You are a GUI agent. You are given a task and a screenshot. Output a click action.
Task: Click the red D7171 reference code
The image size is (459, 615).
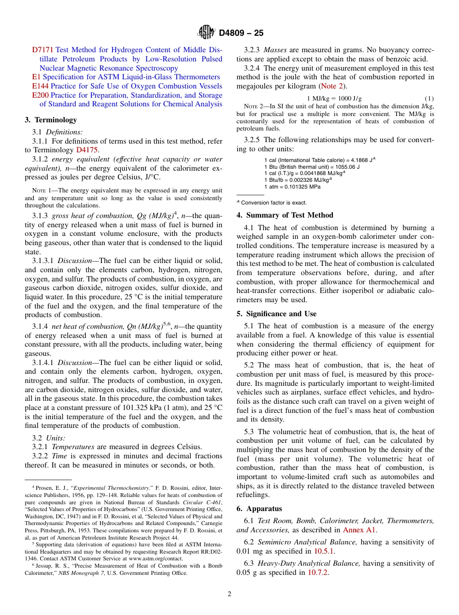coord(43,50)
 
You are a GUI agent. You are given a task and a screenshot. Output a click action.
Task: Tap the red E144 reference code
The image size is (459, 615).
coord(40,86)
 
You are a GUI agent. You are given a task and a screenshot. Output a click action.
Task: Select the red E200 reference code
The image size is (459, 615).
coord(40,95)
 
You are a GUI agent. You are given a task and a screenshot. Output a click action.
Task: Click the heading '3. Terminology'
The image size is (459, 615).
coord(51,120)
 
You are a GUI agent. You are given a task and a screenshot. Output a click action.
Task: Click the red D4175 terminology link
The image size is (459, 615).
coord(87,150)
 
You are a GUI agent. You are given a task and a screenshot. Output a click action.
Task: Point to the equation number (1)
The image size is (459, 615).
coord(429,99)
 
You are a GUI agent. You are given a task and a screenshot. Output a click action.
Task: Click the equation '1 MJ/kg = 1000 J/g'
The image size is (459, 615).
coord(334,99)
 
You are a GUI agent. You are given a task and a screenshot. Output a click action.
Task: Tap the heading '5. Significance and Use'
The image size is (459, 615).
coord(276,314)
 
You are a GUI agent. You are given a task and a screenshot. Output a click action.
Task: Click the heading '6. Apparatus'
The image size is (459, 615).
coord(259,509)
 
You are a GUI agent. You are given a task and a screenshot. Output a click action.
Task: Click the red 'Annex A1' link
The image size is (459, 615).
coord(359,530)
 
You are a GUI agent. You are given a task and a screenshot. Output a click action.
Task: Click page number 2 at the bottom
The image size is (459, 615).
coord(229,594)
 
